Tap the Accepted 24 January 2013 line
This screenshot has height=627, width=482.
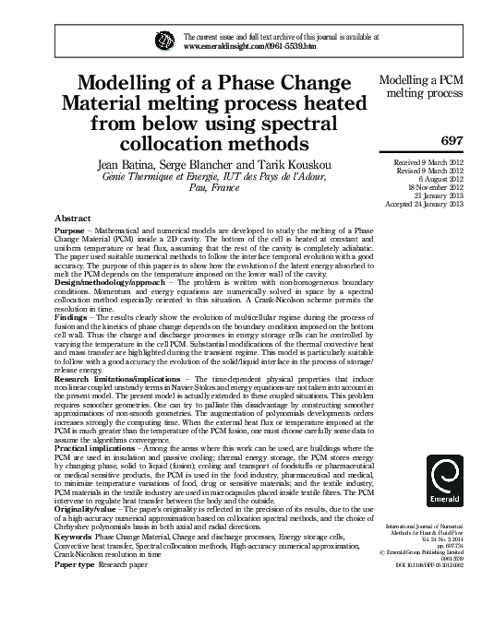pyautogui.click(x=421, y=204)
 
